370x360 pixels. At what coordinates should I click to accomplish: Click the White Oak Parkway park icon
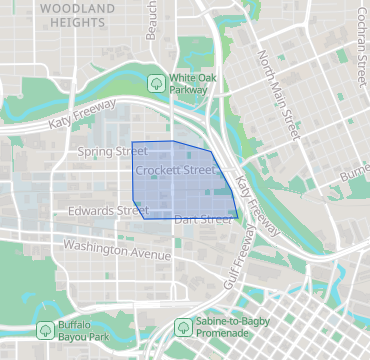click(x=156, y=82)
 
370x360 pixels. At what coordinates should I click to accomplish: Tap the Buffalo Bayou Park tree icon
click(x=45, y=329)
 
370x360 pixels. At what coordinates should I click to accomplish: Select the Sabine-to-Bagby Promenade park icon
click(x=183, y=327)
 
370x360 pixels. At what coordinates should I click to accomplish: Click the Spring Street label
click(x=111, y=152)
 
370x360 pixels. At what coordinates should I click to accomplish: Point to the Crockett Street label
click(x=176, y=171)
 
